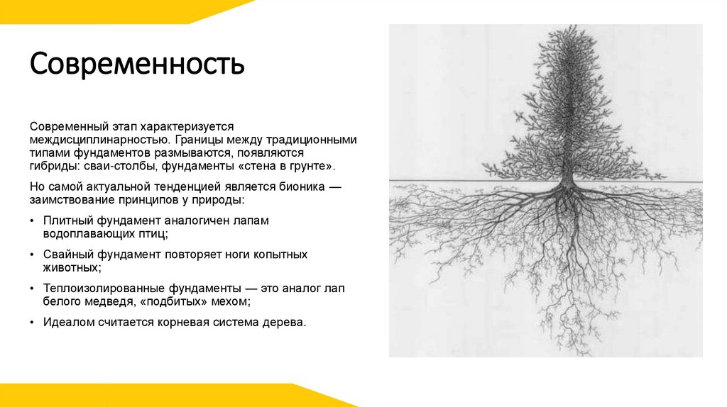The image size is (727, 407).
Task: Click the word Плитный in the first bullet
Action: (65, 221)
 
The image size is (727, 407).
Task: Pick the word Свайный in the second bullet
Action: (68, 255)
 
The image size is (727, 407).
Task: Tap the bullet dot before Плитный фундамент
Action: (33, 221)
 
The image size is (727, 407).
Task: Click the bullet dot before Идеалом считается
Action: (33, 322)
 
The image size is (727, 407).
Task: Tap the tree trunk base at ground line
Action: (567, 182)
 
